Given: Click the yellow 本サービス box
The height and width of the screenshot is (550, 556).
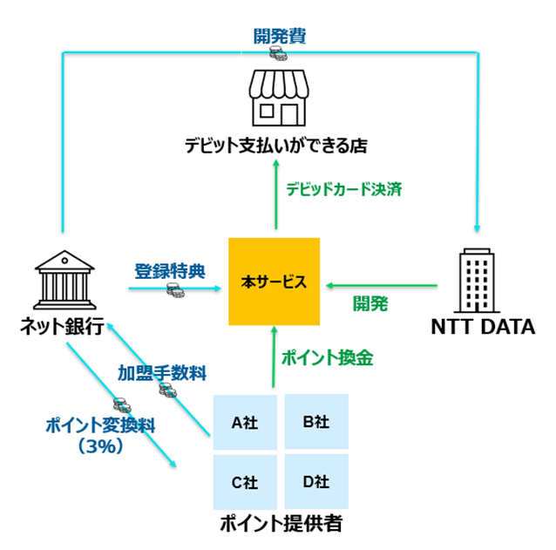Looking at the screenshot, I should click(x=274, y=281).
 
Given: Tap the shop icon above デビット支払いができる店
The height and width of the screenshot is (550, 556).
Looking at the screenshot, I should click(x=279, y=98).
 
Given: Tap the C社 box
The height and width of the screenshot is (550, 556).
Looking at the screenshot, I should click(x=247, y=480).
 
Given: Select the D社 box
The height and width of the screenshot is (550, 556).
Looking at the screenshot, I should click(x=315, y=480).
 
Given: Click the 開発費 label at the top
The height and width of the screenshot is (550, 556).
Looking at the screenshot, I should click(x=279, y=37).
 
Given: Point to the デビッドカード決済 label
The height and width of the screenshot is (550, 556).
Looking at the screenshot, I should click(x=342, y=189).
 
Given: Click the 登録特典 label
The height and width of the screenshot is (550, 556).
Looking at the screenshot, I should click(x=169, y=270).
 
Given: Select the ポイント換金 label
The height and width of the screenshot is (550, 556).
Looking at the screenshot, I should click(x=327, y=357).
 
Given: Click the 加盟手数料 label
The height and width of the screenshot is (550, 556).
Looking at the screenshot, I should click(x=162, y=374).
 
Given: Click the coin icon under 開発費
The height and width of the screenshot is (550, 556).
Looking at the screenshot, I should click(x=279, y=55).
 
